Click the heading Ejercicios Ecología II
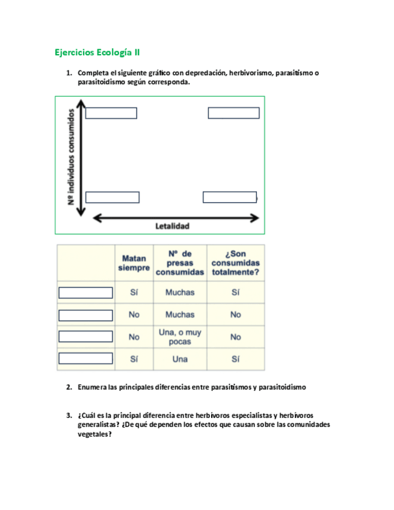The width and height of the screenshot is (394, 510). click(x=97, y=52)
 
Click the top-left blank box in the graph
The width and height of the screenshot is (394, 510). click(x=111, y=113)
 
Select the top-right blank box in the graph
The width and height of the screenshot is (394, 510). click(x=233, y=113)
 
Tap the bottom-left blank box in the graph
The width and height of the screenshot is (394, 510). click(x=112, y=197)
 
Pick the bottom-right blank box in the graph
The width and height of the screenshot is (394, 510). click(x=230, y=197)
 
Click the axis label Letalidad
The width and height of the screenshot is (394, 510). click(x=173, y=226)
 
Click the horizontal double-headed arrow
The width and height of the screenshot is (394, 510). click(x=176, y=217)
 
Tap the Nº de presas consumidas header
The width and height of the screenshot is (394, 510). click(x=180, y=263)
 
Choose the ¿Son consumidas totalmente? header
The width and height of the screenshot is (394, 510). click(x=235, y=263)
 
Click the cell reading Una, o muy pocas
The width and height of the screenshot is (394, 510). click(x=180, y=337)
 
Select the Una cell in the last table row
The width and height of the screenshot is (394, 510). click(x=180, y=359)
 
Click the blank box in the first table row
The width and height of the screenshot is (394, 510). click(x=85, y=293)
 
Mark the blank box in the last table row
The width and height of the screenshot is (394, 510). click(x=85, y=358)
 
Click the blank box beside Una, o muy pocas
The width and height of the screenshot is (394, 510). click(x=85, y=337)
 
